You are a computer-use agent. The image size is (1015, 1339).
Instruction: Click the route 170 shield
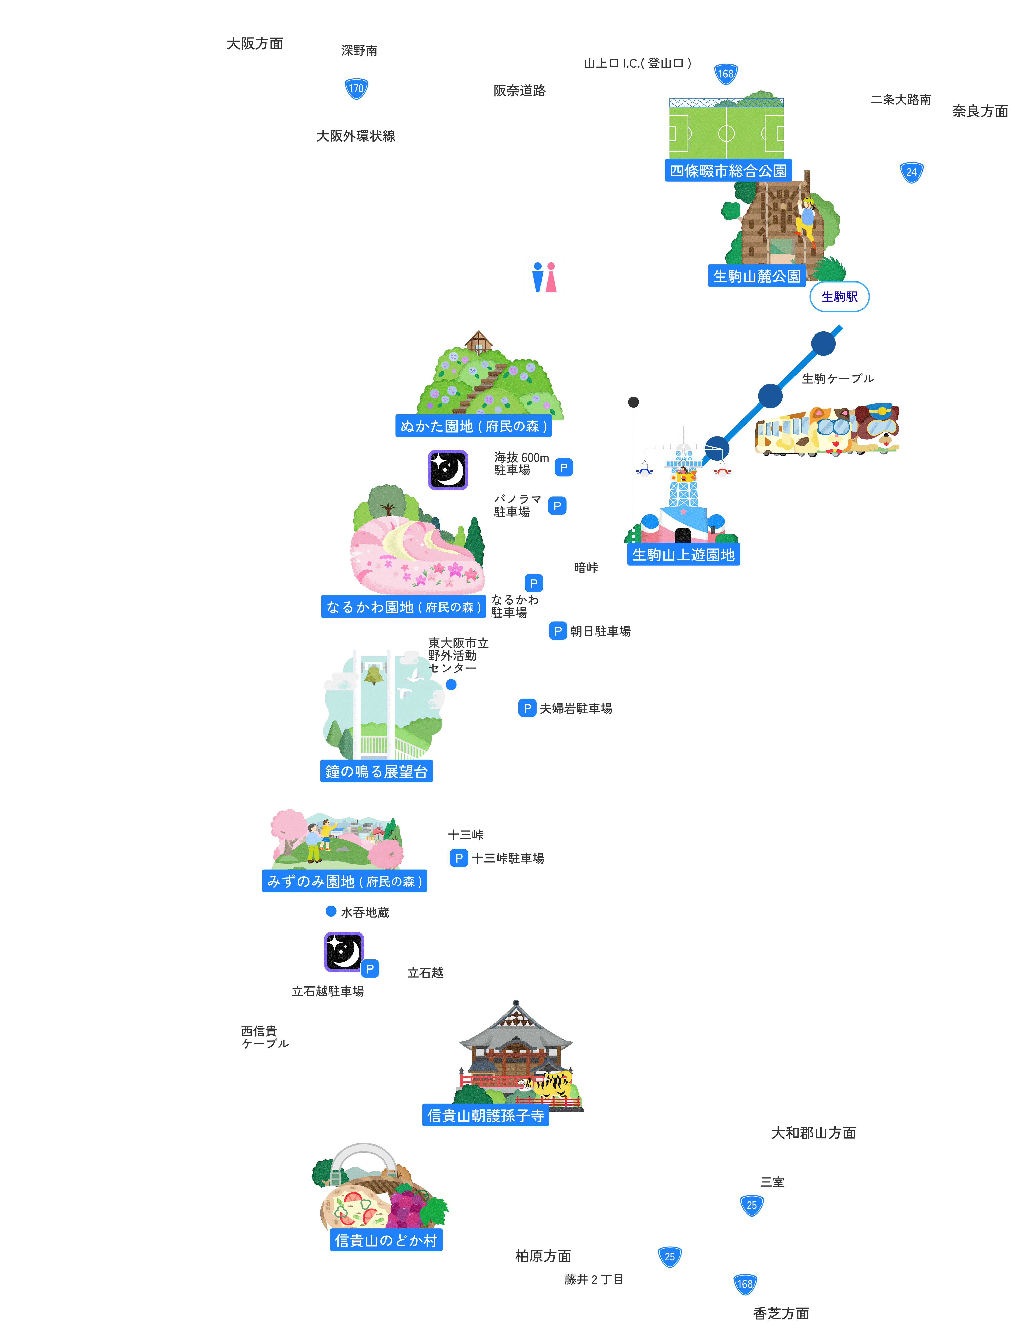tap(356, 88)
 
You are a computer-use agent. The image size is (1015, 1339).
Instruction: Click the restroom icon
tap(544, 278)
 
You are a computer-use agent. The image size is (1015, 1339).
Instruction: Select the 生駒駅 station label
tap(839, 297)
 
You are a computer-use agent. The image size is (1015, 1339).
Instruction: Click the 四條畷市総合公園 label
tap(728, 171)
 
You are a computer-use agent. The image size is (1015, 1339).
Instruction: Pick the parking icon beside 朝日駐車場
tap(558, 631)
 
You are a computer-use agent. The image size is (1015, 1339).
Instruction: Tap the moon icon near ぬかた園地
tap(448, 470)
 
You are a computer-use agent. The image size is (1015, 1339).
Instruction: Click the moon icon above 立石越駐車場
tap(343, 952)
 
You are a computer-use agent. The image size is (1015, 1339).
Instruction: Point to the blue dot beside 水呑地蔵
tap(331, 911)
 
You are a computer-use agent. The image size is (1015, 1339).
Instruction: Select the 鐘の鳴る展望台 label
tap(376, 771)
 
